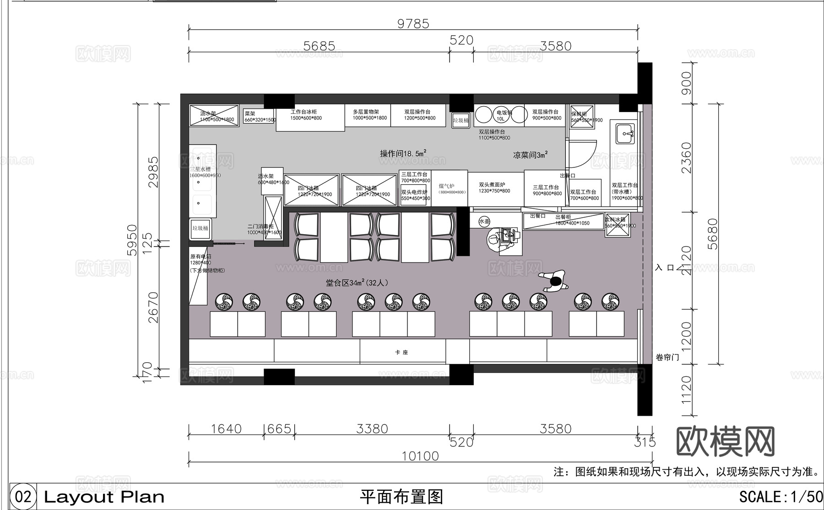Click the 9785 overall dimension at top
[x=413, y=24]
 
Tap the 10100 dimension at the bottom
[x=420, y=456]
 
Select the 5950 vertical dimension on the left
[x=132, y=240]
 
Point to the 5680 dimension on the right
[x=713, y=234]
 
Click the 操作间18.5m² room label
[x=403, y=153]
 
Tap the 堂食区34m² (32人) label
[x=357, y=283]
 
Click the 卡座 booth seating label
[x=401, y=352]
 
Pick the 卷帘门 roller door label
[x=667, y=357]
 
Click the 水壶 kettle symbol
[x=484, y=221]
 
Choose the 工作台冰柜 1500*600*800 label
[x=306, y=115]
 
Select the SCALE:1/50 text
[x=780, y=497]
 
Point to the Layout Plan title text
[x=104, y=497]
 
